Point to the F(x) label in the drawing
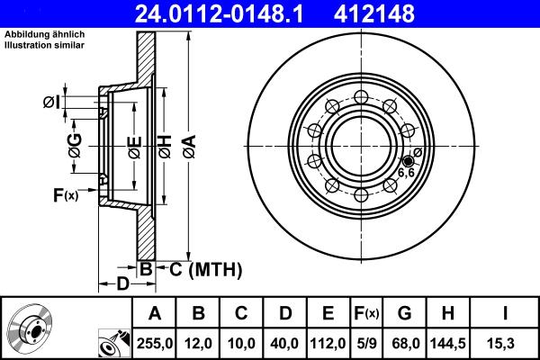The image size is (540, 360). [x=66, y=194]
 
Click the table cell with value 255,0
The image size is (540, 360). [x=155, y=342]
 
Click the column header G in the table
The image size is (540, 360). [x=404, y=313]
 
